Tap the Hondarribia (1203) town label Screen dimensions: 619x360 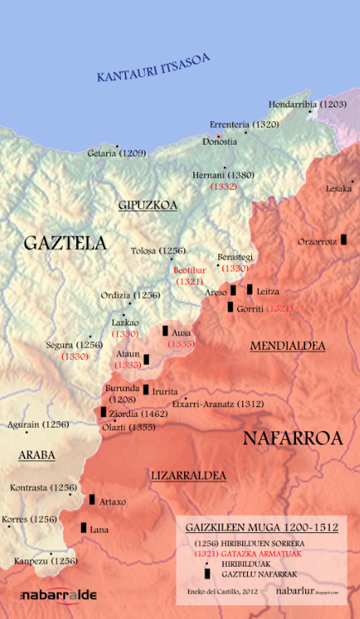(x=307, y=105)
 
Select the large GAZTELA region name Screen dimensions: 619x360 (x=65, y=243)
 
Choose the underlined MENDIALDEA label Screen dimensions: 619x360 (x=287, y=346)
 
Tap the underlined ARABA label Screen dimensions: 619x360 (x=37, y=455)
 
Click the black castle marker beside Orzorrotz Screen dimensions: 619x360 (x=344, y=239)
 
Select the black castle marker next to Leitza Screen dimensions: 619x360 (x=250, y=289)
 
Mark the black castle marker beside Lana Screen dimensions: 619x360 (x=83, y=527)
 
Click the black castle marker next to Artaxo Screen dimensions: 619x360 (x=92, y=500)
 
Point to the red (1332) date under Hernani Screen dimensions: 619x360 (x=223, y=186)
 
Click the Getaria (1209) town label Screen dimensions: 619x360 (x=117, y=153)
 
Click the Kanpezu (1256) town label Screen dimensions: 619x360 (x=45, y=561)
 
